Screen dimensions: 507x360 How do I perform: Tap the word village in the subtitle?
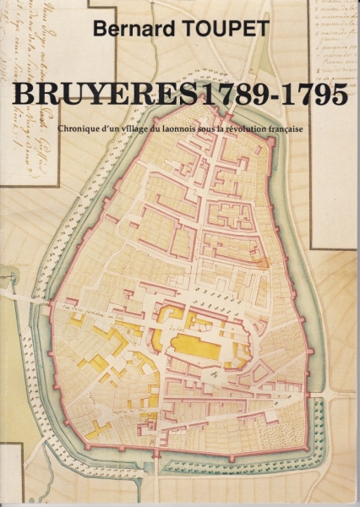(142, 129)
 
